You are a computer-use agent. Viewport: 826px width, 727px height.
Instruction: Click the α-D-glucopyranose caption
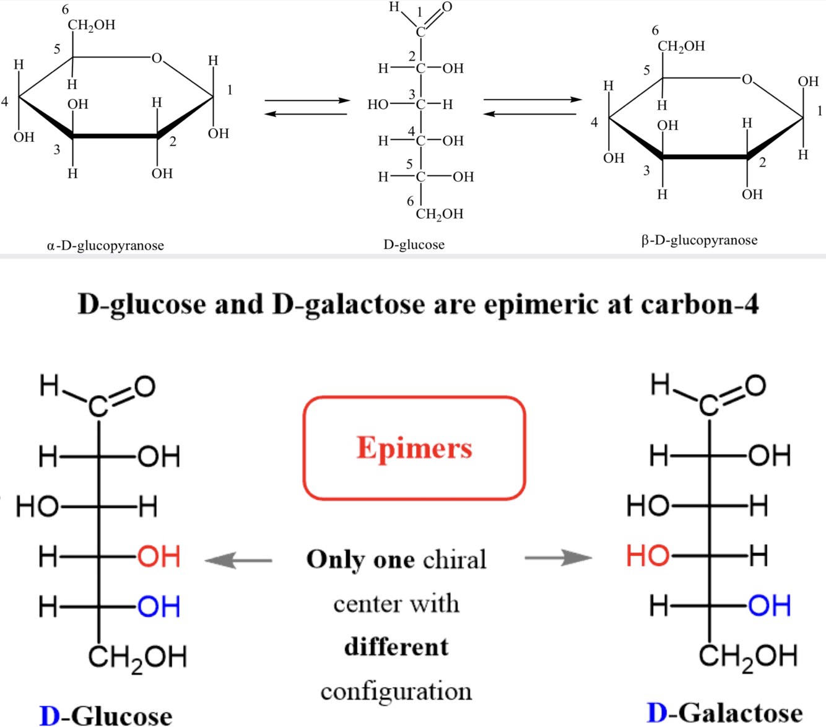point(105,245)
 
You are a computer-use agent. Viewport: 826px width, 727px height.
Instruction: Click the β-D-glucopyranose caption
point(699,240)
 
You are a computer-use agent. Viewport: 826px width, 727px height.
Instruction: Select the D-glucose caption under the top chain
point(414,245)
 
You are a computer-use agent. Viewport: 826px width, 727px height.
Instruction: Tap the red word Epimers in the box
point(414,448)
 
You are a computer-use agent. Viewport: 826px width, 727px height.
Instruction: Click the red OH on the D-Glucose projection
point(159,557)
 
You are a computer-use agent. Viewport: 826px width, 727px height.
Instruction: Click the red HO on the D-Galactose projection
point(648,555)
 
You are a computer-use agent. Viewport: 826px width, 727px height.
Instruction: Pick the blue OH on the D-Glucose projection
point(159,606)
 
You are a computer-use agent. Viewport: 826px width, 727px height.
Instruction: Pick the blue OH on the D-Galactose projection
point(770,605)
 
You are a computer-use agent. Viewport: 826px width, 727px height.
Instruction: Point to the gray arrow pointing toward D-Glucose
point(238,560)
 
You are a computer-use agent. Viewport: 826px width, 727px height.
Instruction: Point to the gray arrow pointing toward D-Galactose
point(558,558)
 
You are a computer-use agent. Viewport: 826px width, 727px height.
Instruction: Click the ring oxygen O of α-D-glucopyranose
point(157,58)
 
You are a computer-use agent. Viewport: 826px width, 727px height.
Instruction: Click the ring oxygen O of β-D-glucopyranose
point(747,79)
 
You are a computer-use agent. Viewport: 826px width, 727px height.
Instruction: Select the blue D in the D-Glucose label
point(49,716)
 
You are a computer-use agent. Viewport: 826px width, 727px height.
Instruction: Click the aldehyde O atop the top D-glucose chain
point(446,7)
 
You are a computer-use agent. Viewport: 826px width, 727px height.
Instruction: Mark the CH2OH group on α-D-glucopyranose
point(91,25)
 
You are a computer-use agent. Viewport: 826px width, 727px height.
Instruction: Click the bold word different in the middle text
point(396,647)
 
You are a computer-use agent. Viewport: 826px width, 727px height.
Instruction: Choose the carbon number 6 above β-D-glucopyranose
point(655,30)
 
